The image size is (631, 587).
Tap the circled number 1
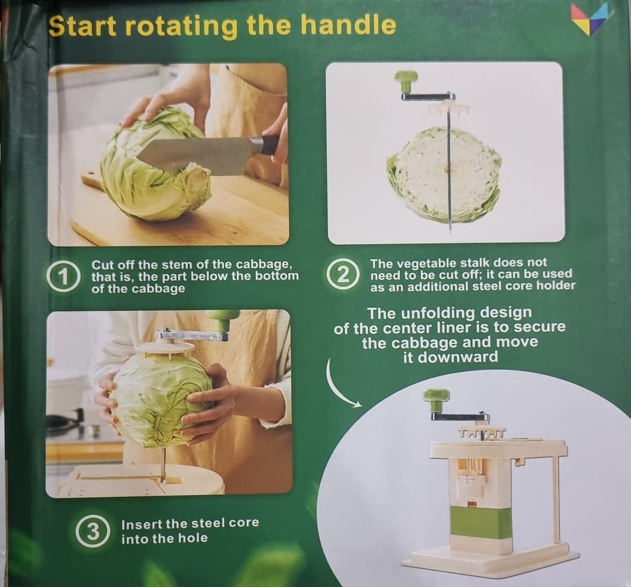point(63,277)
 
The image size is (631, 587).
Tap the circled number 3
point(93,531)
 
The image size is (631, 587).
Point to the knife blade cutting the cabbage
point(193,156)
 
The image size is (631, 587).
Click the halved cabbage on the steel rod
point(444,175)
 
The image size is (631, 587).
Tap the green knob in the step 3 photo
point(223,318)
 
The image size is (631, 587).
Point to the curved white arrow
point(337,385)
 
